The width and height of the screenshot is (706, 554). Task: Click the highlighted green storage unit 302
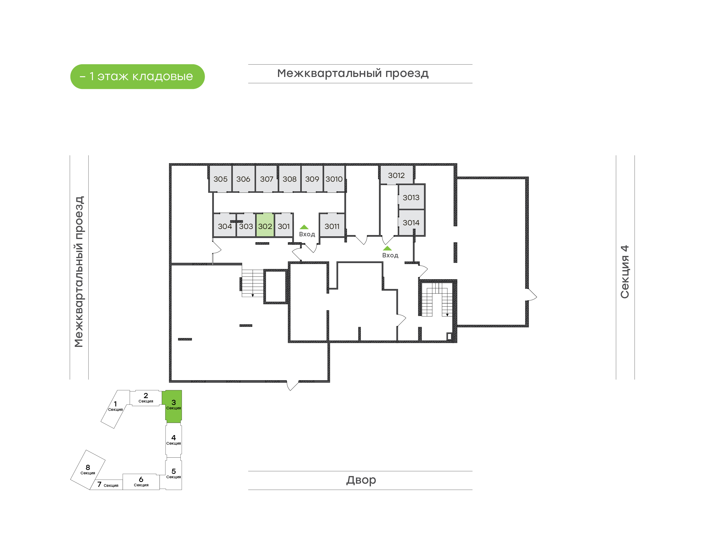(x=265, y=225)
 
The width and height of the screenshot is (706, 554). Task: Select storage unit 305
(x=221, y=179)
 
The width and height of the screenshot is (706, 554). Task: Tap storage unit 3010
(x=334, y=179)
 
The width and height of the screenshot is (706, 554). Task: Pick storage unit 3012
(x=397, y=175)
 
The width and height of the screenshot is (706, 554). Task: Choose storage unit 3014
(x=411, y=223)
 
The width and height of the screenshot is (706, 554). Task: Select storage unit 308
(x=290, y=179)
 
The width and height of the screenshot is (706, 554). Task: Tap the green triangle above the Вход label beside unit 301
(x=304, y=227)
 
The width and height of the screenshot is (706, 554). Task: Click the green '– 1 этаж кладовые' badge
(x=138, y=76)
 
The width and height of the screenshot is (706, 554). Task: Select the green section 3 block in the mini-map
(x=174, y=406)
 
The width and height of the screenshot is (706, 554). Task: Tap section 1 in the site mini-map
(x=115, y=409)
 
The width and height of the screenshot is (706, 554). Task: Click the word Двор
(x=361, y=480)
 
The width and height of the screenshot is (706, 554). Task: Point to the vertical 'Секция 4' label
(x=625, y=272)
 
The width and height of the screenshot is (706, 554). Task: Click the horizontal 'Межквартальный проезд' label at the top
(x=353, y=73)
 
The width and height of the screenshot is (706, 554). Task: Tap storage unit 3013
(x=411, y=197)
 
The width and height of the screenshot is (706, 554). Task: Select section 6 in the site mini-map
(x=141, y=482)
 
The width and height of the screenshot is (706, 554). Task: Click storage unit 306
(x=243, y=179)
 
